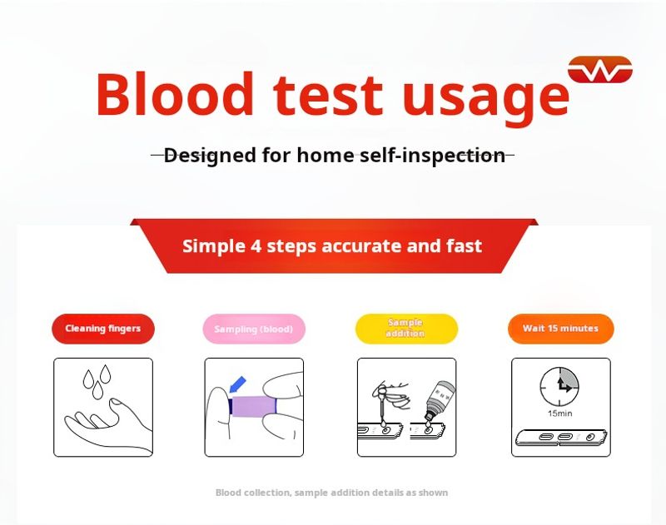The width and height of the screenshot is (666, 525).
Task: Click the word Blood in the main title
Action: (x=175, y=94)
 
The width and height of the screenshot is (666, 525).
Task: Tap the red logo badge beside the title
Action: (x=600, y=70)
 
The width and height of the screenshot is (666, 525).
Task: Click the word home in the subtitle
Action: (x=326, y=155)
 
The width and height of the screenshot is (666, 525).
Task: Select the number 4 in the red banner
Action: (x=256, y=245)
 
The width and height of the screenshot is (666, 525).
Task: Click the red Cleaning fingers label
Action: (x=103, y=329)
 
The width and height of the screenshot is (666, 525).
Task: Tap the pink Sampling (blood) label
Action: (x=254, y=329)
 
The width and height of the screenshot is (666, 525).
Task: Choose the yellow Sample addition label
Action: (x=406, y=329)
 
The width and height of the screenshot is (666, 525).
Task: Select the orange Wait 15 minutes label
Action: (x=560, y=329)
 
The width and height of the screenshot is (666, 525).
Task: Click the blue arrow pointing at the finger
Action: (x=237, y=384)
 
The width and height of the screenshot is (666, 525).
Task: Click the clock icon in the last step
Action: (x=559, y=386)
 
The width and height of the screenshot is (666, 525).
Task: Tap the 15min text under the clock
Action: (x=559, y=414)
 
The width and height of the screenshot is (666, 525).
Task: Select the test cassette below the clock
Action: (x=561, y=438)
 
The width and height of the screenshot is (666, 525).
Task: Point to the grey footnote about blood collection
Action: (x=331, y=493)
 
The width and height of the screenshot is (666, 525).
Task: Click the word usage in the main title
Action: (x=486, y=99)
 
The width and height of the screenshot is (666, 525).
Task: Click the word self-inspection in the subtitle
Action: (x=432, y=156)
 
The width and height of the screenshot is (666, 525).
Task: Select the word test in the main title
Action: (x=328, y=96)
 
